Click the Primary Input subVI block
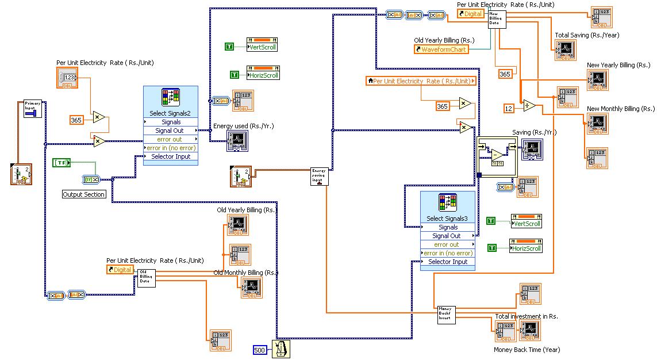[x=33, y=108]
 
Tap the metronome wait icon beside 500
[x=281, y=348]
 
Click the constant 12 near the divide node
[x=508, y=108]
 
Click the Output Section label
[x=84, y=194]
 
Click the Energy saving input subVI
[x=320, y=175]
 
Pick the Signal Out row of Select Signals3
[x=447, y=236]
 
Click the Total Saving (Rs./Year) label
[x=587, y=35]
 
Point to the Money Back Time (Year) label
[x=527, y=350]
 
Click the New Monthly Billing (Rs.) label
[x=621, y=109]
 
